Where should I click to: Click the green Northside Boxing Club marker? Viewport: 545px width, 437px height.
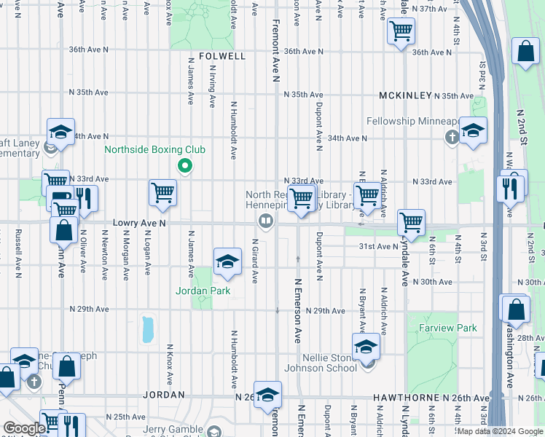click(x=185, y=167)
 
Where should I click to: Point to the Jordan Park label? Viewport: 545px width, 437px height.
click(x=203, y=291)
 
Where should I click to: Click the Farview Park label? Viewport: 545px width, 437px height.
click(x=448, y=328)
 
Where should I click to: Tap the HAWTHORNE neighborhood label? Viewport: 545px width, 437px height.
click(x=403, y=398)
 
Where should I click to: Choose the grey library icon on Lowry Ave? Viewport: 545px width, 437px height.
click(x=267, y=220)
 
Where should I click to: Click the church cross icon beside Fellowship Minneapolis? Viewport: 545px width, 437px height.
click(x=452, y=136)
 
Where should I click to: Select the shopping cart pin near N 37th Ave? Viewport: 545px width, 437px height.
click(x=401, y=32)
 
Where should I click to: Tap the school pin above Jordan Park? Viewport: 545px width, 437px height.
click(x=227, y=261)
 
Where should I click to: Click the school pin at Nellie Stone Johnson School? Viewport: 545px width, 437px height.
click(x=366, y=347)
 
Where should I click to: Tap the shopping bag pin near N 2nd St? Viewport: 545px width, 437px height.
click(x=525, y=52)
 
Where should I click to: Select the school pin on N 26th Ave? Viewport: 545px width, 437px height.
click(x=268, y=394)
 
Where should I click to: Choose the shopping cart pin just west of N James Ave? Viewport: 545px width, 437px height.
click(x=162, y=193)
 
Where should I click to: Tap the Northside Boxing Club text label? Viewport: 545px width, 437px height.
click(x=154, y=150)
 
